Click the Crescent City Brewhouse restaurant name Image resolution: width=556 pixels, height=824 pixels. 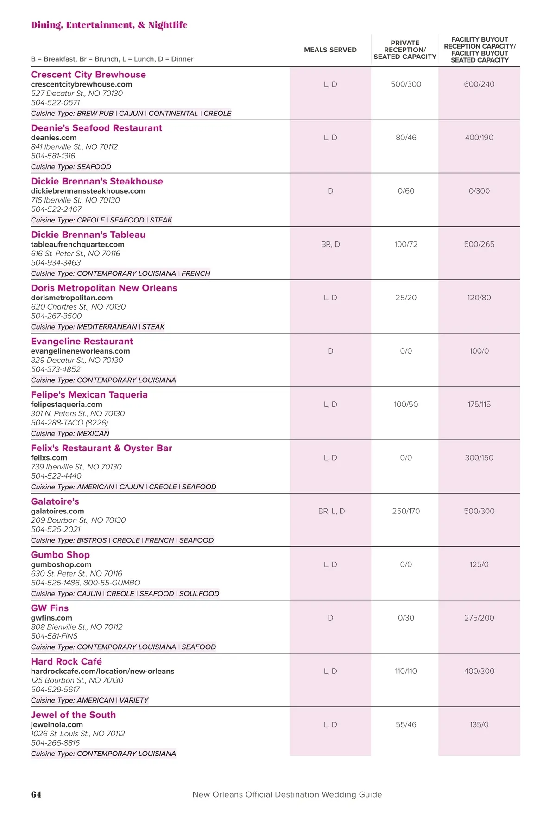coord(88,75)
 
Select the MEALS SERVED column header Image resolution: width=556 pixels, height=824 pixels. coord(330,50)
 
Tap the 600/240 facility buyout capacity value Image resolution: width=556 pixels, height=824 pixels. coord(479,84)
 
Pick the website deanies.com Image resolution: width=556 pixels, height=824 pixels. coord(54,138)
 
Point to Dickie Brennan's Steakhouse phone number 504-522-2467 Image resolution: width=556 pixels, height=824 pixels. coord(56,209)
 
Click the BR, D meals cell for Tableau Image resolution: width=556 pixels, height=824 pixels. coord(330,244)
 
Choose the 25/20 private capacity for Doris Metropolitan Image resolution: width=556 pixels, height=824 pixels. coord(406,298)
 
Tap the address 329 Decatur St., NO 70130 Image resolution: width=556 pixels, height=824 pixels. coord(77,360)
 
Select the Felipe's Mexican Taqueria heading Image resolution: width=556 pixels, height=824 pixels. coord(89,395)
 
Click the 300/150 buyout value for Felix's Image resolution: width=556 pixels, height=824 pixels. coord(479,458)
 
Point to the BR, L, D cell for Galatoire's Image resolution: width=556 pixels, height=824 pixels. coord(331,511)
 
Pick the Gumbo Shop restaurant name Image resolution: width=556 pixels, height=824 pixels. coord(60,555)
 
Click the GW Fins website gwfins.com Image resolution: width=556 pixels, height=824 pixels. coord(51,618)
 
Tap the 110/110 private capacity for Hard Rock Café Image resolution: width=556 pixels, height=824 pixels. coord(406,671)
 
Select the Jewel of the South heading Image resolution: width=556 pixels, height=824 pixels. coord(73,715)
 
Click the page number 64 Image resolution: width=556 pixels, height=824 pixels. coord(36,794)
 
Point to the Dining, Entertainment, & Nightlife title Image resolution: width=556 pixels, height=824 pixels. coord(109,25)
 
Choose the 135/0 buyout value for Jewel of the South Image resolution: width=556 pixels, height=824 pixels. coord(479,724)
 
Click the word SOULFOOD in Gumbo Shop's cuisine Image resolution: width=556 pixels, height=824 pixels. coord(199,594)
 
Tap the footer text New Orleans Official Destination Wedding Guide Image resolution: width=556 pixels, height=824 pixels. coord(287,794)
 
